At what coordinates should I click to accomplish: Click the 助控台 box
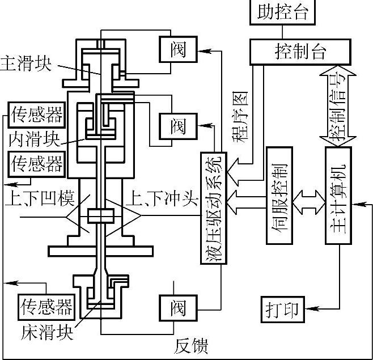tap(286, 12)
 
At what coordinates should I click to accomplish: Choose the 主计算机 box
tap(338, 196)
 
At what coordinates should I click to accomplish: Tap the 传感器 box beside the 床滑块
tap(46, 307)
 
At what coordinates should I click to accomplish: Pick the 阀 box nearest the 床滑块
tap(177, 307)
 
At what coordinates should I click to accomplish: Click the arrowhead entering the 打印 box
tap(309, 309)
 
